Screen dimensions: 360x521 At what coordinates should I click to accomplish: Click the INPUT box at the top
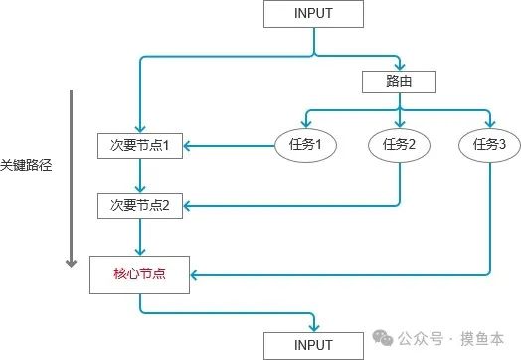313,14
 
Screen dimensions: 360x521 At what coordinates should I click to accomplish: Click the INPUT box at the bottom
313,345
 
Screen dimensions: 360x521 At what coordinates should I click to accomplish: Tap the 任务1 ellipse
305,145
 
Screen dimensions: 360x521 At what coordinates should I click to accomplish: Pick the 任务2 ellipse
398,145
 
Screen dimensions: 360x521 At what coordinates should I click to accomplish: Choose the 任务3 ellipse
489,145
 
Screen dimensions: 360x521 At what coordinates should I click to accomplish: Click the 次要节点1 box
140,145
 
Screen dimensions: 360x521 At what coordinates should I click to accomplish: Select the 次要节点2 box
140,206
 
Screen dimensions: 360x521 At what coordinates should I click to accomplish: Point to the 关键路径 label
26,165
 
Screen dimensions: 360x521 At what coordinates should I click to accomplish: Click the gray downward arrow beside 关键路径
71,179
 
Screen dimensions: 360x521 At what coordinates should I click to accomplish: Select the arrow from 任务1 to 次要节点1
229,145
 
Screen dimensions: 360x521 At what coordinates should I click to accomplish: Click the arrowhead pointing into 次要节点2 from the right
187,206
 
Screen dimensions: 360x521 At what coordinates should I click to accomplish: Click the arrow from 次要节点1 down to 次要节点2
140,176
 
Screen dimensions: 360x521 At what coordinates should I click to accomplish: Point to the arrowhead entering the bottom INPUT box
314,328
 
